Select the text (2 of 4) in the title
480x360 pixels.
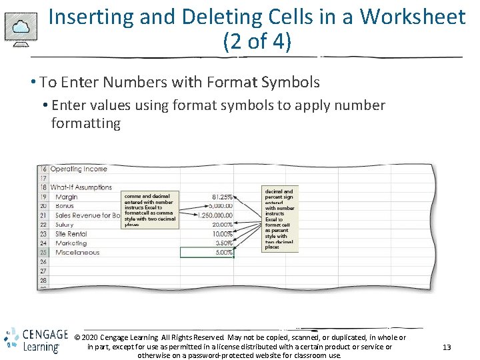click(x=257, y=42)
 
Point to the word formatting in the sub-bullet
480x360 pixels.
click(x=85, y=123)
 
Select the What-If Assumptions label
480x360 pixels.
click(x=81, y=187)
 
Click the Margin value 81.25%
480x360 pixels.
click(x=222, y=197)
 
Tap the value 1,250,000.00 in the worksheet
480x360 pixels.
click(x=215, y=215)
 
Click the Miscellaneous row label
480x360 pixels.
click(x=77, y=253)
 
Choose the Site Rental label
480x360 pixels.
click(x=71, y=234)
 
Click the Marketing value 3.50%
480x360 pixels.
click(x=223, y=243)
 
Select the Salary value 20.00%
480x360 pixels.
click(x=221, y=225)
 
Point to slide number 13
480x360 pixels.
click(x=447, y=347)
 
